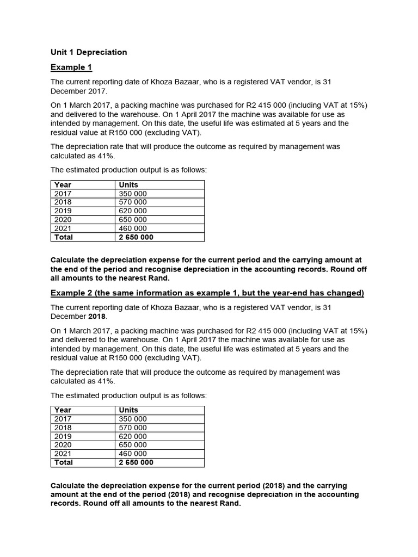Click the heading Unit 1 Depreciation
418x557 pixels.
pos(89,52)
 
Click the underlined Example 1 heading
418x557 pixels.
pos(71,67)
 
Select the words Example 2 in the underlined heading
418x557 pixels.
pos(71,293)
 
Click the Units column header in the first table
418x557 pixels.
pos(128,185)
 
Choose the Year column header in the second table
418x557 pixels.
pos(63,410)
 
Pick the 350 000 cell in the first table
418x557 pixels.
pos(132,194)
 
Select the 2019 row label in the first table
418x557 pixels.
pos(63,211)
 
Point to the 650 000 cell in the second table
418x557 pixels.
pos(132,445)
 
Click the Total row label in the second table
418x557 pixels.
pos(64,462)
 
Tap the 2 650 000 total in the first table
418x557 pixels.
pos(136,237)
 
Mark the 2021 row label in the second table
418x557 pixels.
pos(63,454)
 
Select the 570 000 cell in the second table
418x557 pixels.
pos(132,428)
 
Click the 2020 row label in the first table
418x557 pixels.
pos(63,220)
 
